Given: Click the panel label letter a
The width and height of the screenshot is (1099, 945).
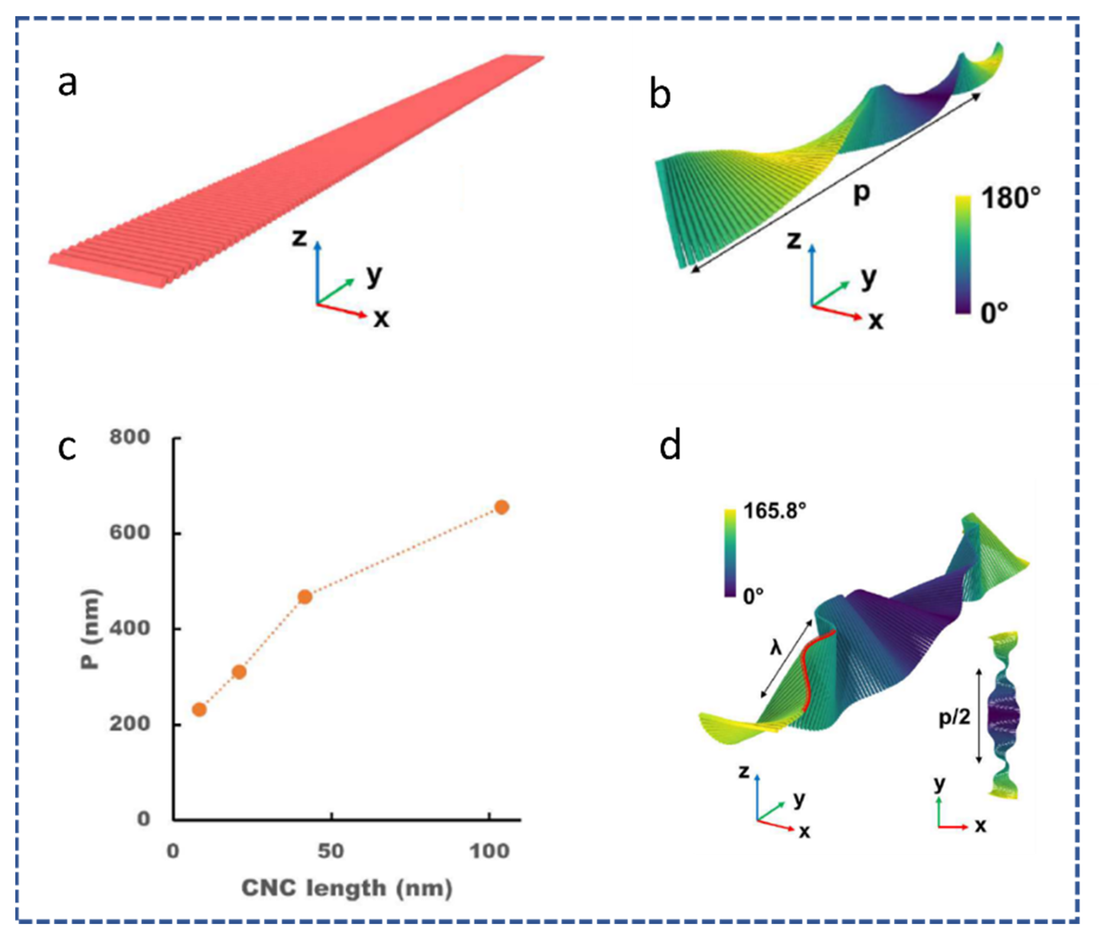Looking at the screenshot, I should click(68, 84).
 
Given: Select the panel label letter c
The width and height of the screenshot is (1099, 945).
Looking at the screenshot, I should click(68, 447).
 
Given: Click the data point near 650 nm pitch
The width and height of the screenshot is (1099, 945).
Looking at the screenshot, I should click(501, 508).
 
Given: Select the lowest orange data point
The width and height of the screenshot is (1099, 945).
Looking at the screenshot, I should click(199, 709).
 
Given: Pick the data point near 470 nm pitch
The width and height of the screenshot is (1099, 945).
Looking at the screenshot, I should click(305, 597).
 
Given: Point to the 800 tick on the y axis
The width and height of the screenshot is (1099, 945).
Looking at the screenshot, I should click(130, 437).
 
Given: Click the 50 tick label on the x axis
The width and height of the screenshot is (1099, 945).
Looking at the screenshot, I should click(331, 851).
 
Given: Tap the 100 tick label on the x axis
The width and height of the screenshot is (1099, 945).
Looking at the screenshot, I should click(489, 851).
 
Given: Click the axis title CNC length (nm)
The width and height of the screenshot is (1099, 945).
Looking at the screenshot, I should click(347, 888).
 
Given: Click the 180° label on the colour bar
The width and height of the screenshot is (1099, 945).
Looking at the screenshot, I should click(1011, 198).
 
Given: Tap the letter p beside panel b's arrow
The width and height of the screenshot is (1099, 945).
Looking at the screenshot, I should click(861, 194).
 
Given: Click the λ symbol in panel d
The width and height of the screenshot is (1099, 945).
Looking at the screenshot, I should click(776, 647).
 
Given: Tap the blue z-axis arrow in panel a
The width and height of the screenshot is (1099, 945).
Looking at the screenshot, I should click(317, 270).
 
